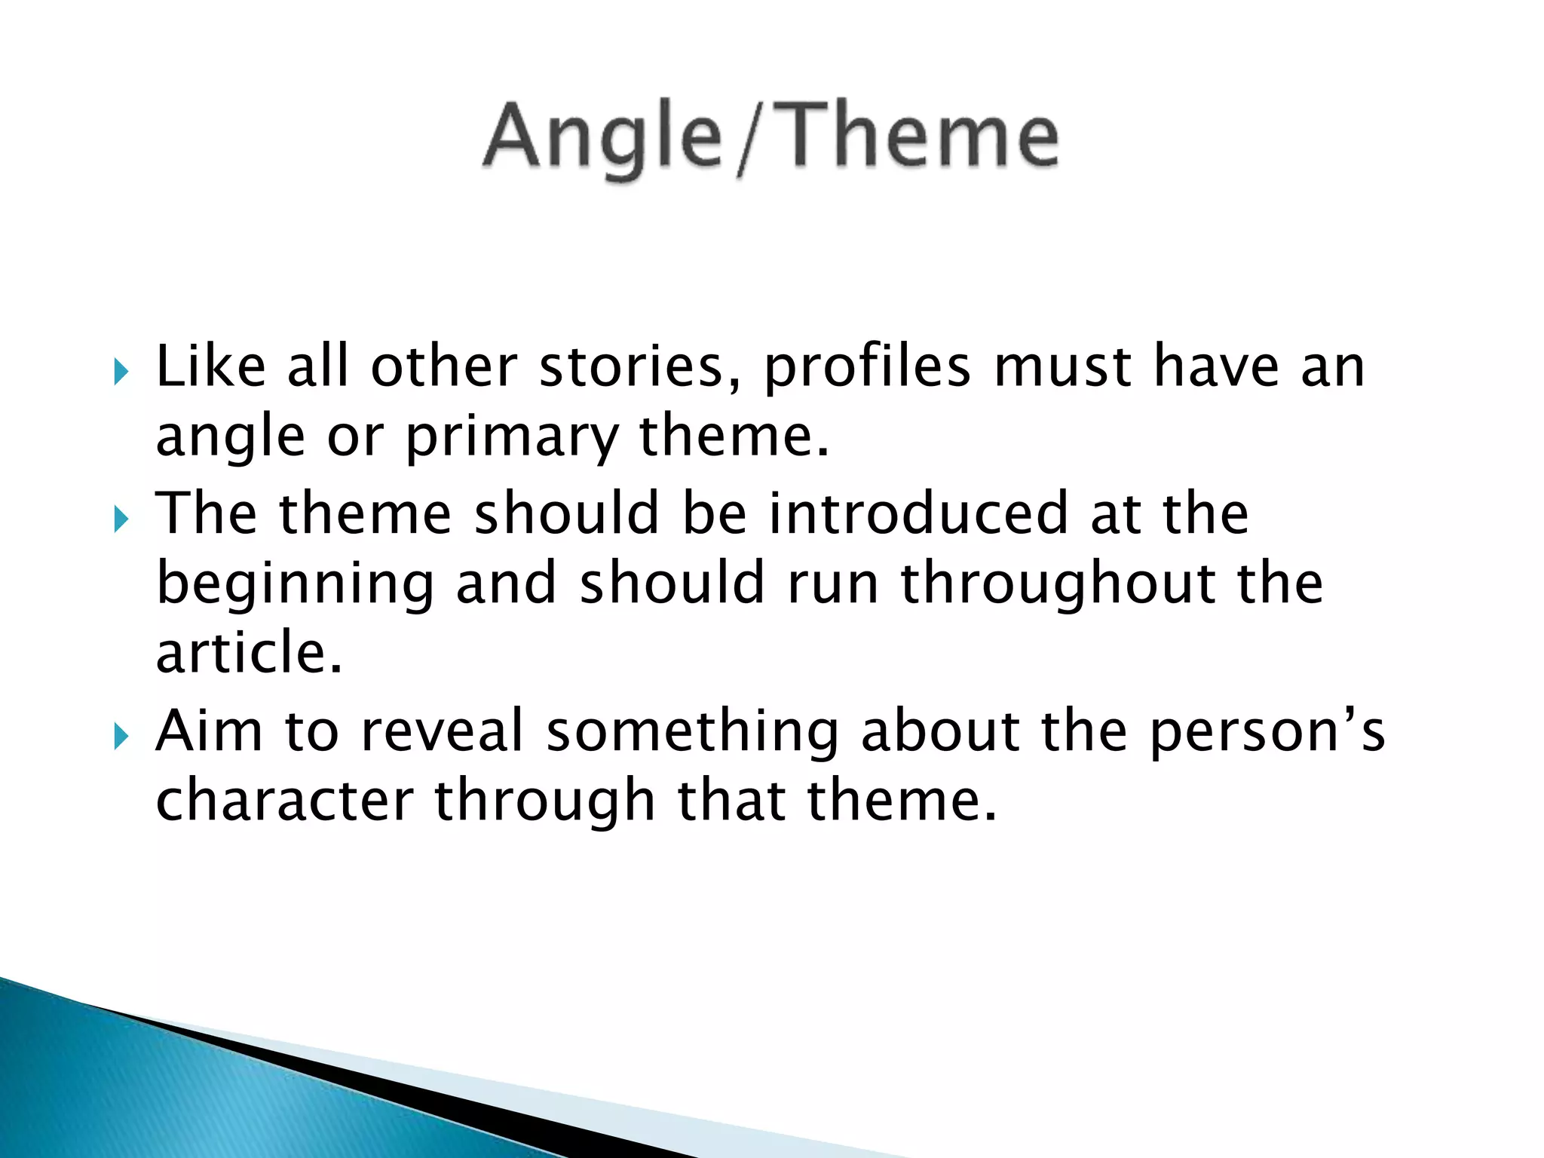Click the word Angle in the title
pos(603,139)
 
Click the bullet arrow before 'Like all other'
pos(121,371)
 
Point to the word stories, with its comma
pos(640,368)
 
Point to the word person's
pos(1267,731)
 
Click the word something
pos(692,732)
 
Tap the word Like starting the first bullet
pos(210,367)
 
